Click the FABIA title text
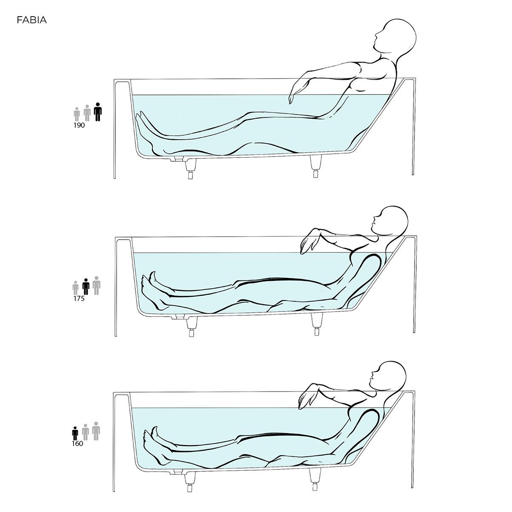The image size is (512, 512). click(x=32, y=20)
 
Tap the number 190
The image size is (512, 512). click(x=79, y=126)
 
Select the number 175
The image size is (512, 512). click(x=79, y=299)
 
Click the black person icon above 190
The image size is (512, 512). click(x=98, y=112)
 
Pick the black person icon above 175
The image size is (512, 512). click(x=86, y=287)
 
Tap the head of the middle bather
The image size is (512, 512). click(x=390, y=220)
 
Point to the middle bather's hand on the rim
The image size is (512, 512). click(x=308, y=244)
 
